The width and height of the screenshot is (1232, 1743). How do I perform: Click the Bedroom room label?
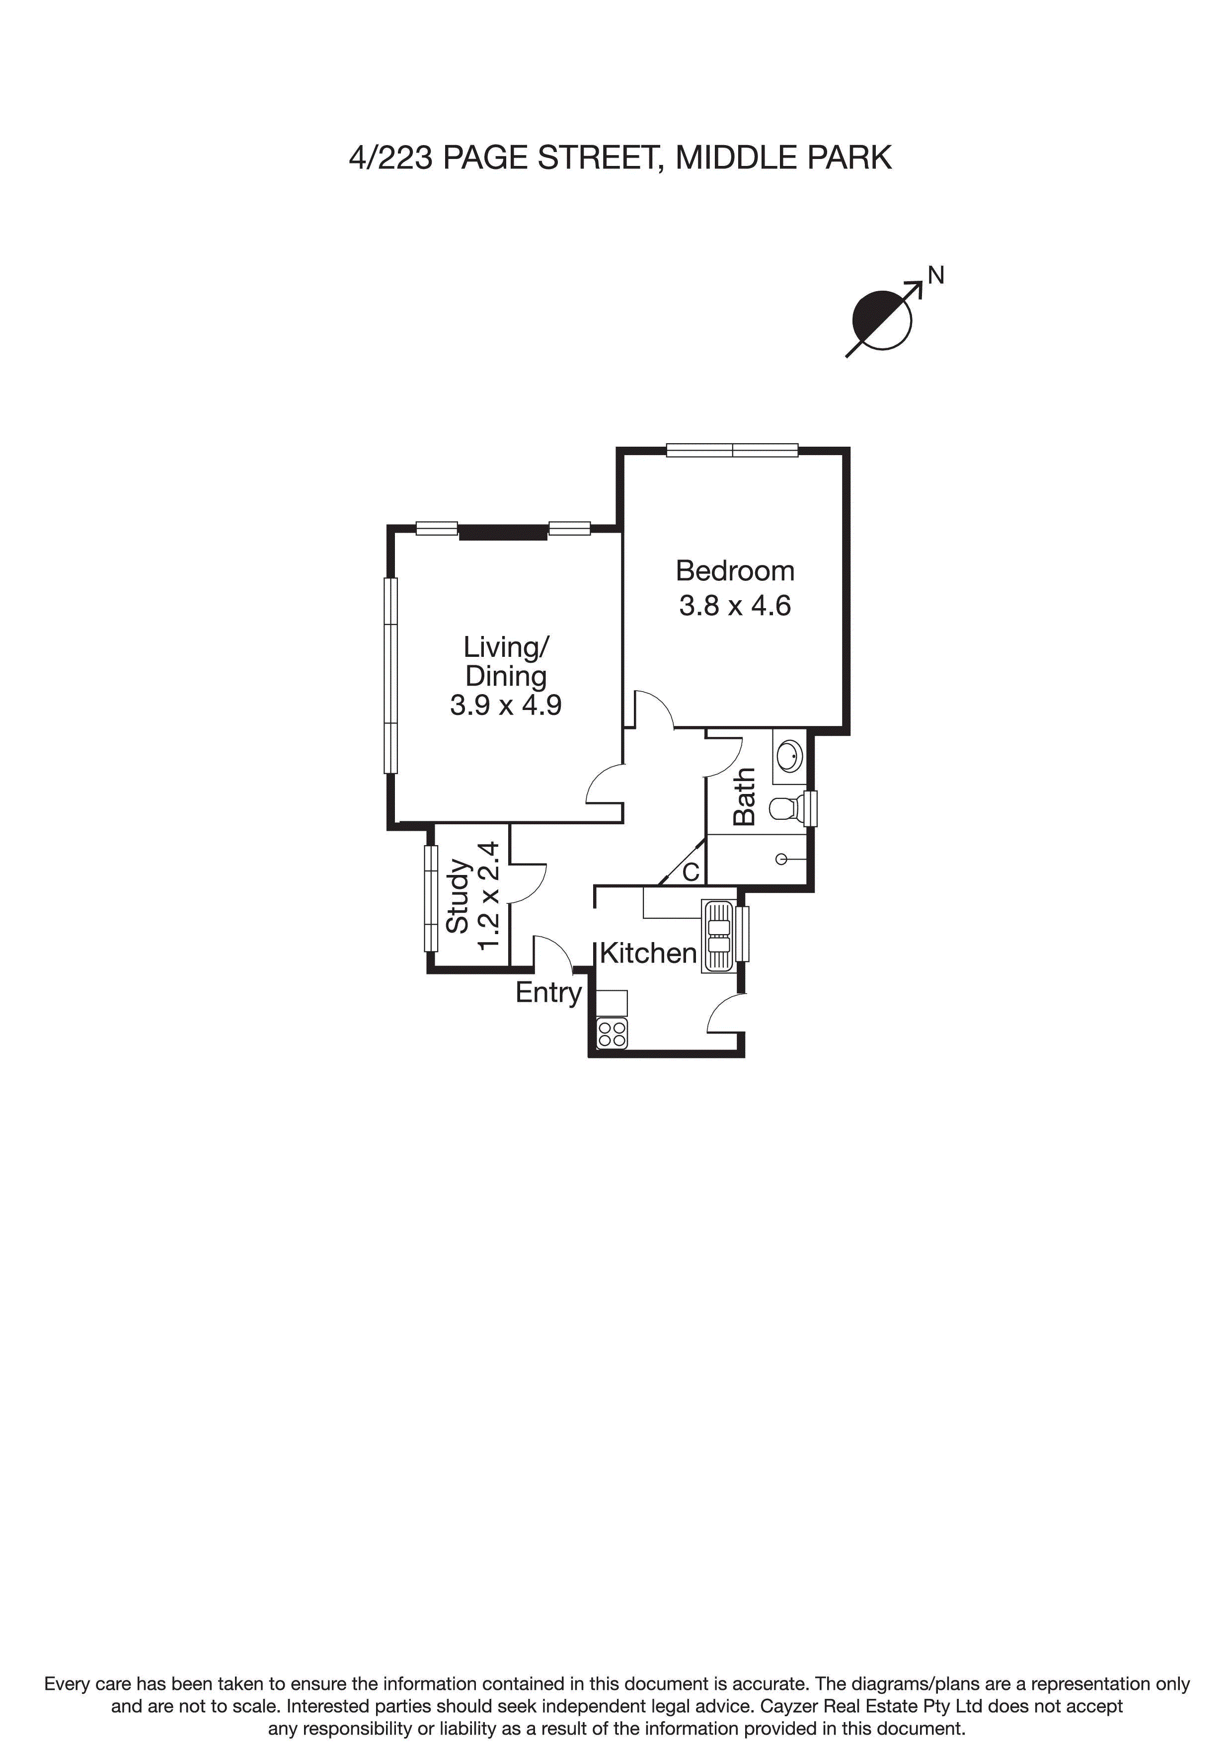coord(735,571)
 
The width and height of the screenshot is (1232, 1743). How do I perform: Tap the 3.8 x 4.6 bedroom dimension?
coord(735,606)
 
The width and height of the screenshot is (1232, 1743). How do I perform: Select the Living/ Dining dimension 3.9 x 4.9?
coord(506,705)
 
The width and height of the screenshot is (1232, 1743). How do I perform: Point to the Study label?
coord(458,896)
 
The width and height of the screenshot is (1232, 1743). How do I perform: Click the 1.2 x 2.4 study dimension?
coord(488,896)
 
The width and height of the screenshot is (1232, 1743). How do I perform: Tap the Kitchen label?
coord(648,953)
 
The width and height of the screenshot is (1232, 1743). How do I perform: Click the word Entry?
coord(548,992)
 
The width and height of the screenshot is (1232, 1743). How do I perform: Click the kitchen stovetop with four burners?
coord(612,1034)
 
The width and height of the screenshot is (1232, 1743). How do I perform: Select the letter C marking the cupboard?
coord(690,872)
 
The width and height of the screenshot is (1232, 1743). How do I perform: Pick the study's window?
coord(431,898)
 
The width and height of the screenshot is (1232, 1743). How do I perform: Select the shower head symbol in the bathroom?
coord(781,860)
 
